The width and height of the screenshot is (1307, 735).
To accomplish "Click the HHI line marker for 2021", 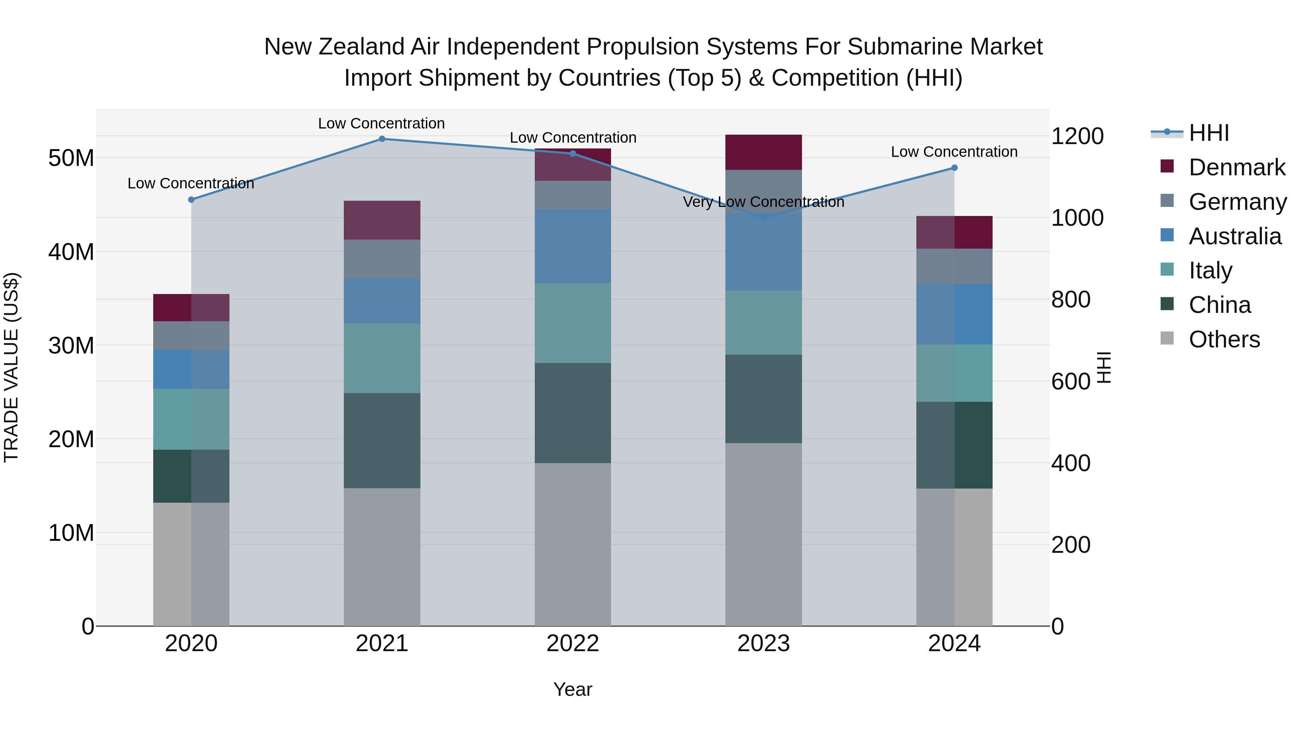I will point(382,139).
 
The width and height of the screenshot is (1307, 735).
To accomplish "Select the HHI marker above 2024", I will point(954,168).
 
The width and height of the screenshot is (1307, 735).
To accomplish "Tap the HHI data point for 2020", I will point(191,200).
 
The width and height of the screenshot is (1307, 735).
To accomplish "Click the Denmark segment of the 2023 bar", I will point(764,152).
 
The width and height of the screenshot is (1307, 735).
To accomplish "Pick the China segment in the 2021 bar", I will point(382,440).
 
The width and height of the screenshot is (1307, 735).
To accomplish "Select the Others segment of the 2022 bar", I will point(573,544).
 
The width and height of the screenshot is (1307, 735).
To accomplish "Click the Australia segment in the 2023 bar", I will point(764,252).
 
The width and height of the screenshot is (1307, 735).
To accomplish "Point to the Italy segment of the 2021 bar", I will point(382,358).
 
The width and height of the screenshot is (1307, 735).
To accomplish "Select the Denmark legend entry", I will point(1237,167).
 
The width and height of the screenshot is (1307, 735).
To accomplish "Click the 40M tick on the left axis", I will point(71,252).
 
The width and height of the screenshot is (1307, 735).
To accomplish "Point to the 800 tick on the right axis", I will point(1071,299).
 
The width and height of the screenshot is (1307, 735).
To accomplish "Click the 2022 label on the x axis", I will point(573,644).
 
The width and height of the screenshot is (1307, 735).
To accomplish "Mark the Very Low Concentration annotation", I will point(764,202).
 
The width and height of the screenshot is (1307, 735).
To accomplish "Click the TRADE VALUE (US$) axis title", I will point(11,367).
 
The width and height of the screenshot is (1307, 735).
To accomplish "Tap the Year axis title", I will point(573,689).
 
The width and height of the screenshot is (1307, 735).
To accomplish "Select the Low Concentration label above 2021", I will point(382,123).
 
